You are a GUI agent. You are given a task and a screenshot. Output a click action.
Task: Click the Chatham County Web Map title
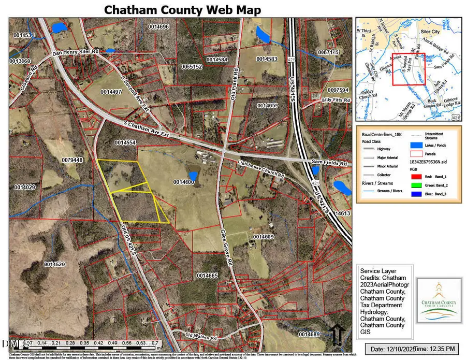point(182,10)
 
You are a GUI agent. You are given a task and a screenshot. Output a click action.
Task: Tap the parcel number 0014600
point(184,182)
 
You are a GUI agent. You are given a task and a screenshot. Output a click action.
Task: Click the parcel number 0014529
point(55,265)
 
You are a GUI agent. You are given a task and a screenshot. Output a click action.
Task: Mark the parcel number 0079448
point(72,160)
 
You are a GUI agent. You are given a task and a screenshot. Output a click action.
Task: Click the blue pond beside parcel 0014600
point(193,176)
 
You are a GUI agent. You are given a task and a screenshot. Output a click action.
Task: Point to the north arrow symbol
point(337,334)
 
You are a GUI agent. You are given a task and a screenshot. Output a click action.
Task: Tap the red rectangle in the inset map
point(408,69)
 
